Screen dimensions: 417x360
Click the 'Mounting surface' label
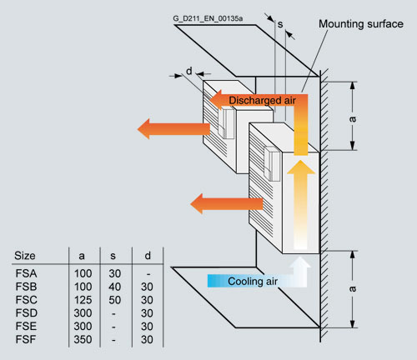361,24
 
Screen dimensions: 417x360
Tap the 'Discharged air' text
262,101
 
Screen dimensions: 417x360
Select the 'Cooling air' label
253,282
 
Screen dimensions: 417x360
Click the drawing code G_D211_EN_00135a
208,18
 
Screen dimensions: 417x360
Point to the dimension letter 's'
280,24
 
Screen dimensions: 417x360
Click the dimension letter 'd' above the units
189,71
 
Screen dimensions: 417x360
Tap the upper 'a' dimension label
353,119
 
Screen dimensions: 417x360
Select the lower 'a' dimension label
353,289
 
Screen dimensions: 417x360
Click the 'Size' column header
25,256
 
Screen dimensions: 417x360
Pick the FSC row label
26,300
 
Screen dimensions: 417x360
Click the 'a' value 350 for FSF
83,339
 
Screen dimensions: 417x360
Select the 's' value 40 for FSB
114,287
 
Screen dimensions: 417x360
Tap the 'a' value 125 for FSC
83,300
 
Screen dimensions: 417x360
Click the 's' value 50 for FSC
114,300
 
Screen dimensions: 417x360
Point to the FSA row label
26,273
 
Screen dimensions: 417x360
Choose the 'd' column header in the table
148,256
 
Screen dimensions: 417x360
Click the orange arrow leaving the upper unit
173,129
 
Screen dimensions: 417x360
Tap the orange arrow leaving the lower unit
227,204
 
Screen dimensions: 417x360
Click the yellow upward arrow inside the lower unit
301,205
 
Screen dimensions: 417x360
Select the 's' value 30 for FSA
114,273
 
